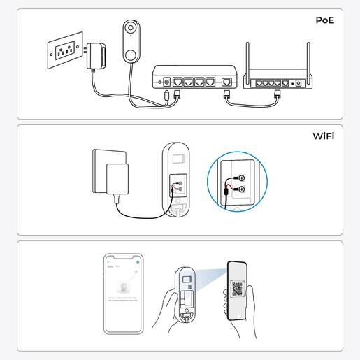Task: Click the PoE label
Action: tap(324, 20)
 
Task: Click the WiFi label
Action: tap(322, 136)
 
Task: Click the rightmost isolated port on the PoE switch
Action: tap(226, 82)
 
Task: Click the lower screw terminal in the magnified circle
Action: tap(241, 189)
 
